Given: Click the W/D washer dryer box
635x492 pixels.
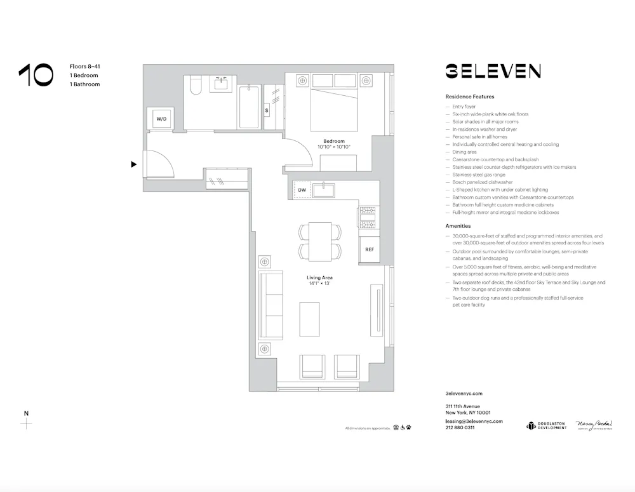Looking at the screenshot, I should coord(160,119).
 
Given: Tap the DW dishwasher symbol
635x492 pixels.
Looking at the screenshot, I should coord(302,190).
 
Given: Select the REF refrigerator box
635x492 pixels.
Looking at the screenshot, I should coord(369,249).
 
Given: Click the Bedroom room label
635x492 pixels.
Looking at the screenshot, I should coord(333,141).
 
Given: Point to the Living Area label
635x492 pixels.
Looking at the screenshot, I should coord(319,277).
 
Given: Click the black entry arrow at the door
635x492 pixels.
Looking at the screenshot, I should coord(133,164).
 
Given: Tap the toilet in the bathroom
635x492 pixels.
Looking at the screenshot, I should coord(196,86).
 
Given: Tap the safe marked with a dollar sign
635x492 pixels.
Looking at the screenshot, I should coord(267,110).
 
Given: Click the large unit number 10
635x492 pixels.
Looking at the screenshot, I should coord(36,75).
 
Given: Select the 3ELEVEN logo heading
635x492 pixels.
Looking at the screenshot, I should coord(492,70).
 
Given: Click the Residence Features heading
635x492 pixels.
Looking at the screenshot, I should coord(469,96).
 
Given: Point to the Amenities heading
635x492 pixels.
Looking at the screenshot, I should coord(458,226).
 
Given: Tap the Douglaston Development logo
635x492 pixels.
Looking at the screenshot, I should coord(546,425).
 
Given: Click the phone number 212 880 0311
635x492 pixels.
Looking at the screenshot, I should coord(460,428).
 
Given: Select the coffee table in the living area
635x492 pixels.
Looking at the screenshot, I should coord(309,319).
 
